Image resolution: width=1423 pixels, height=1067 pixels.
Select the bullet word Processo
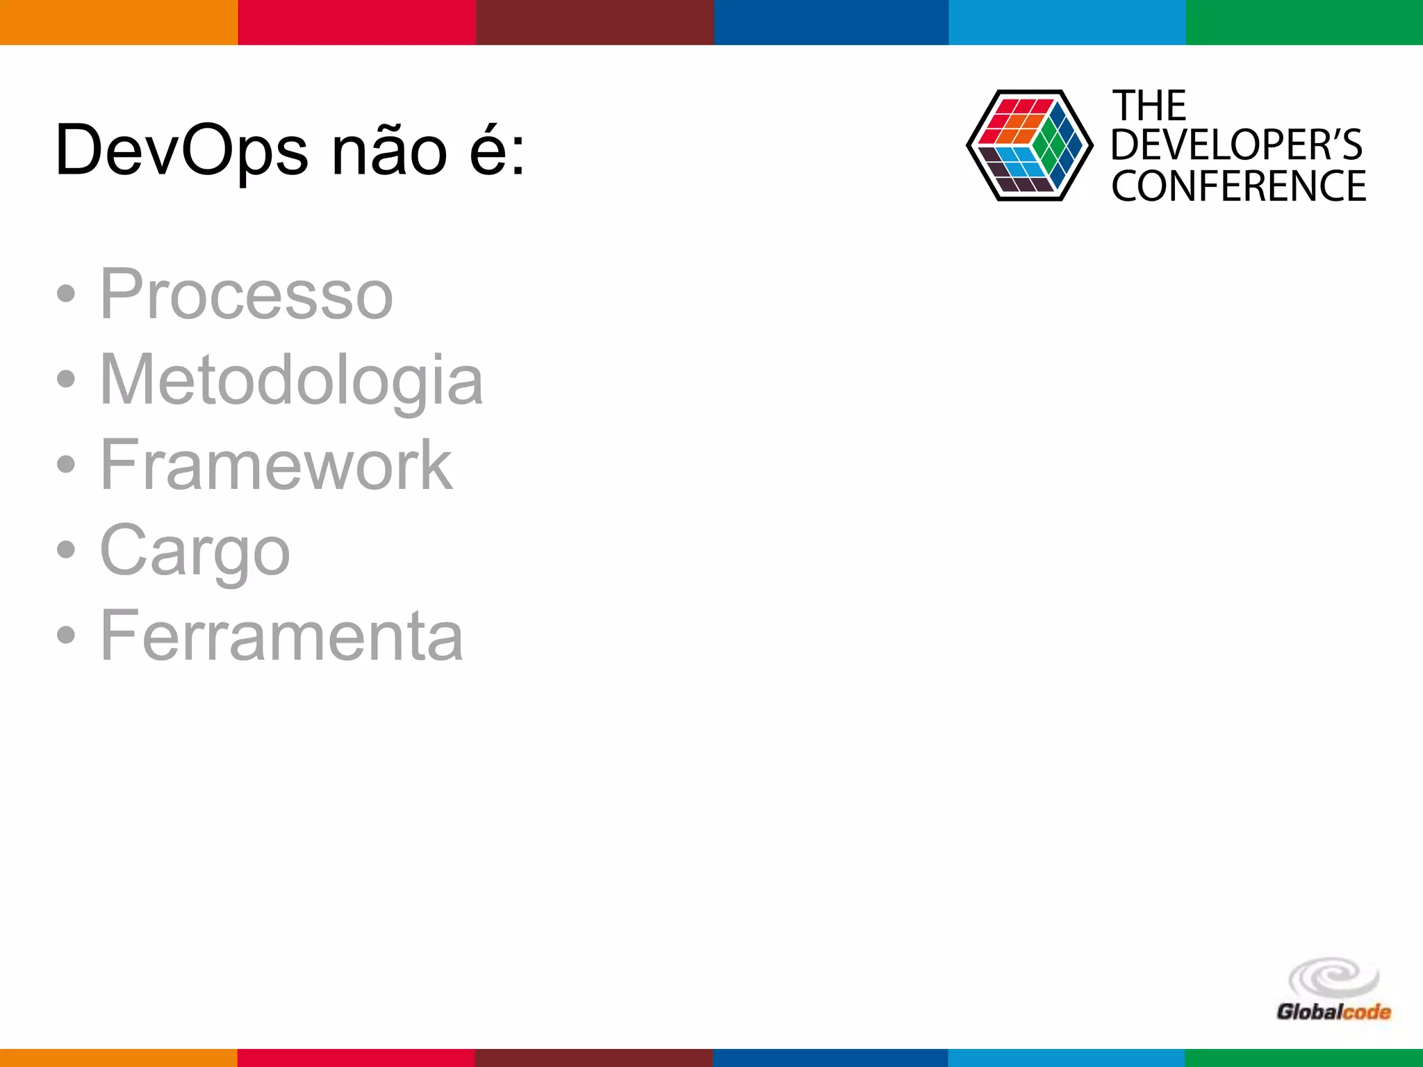[247, 295]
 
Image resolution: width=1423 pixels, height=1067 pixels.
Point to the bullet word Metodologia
[291, 381]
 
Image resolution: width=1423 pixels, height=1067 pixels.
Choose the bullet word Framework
[276, 465]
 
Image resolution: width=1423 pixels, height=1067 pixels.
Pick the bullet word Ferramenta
[281, 636]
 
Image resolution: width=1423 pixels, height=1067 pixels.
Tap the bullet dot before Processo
[66, 294]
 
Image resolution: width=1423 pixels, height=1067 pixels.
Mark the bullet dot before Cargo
[66, 549]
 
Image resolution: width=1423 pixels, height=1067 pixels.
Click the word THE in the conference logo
[1149, 106]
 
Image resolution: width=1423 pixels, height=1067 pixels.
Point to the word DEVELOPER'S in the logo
[1237, 145]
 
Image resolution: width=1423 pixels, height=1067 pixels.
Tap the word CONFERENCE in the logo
[1238, 186]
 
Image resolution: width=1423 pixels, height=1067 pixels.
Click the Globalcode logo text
[1333, 1011]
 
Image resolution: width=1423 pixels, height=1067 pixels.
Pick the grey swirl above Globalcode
[1333, 977]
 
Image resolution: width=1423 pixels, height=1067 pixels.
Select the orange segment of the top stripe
[119, 22]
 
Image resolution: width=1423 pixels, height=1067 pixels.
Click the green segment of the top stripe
[1304, 22]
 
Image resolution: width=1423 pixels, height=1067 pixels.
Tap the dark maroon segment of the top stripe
[595, 22]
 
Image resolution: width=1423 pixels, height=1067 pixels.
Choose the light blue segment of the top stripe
[1067, 22]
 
